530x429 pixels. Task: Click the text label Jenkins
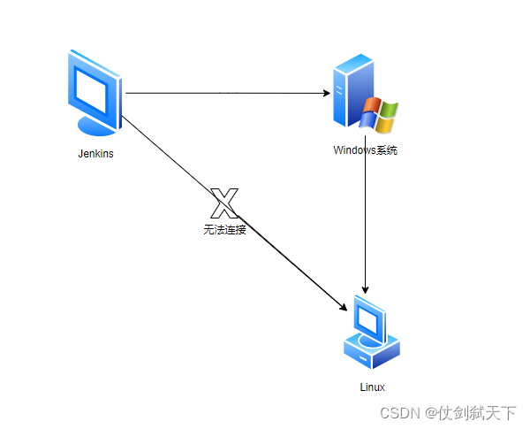click(95, 153)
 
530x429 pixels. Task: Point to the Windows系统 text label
click(365, 150)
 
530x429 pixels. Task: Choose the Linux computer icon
click(372, 331)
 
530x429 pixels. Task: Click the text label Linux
click(373, 387)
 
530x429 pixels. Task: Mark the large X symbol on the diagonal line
click(224, 204)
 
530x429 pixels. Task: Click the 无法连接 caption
click(224, 230)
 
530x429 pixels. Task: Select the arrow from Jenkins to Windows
click(221, 93)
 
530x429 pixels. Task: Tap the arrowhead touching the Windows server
click(323, 93)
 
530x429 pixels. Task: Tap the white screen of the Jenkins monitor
click(93, 86)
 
